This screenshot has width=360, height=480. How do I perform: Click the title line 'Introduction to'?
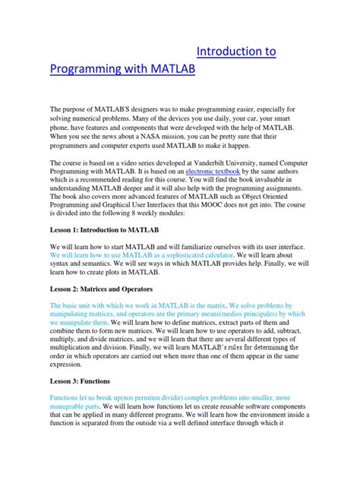pyautogui.click(x=235, y=52)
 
